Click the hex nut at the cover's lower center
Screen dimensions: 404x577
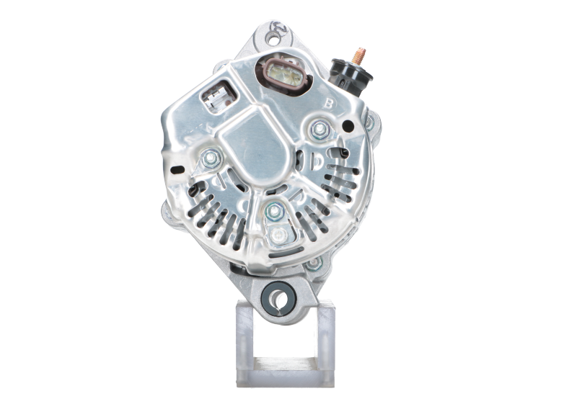273,210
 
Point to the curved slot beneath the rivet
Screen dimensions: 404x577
276,253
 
